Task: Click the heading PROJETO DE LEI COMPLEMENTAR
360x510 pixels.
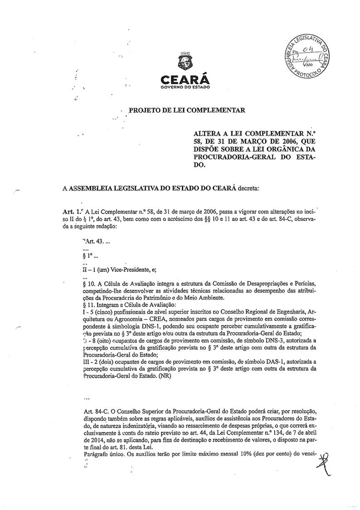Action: click(x=187, y=110)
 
